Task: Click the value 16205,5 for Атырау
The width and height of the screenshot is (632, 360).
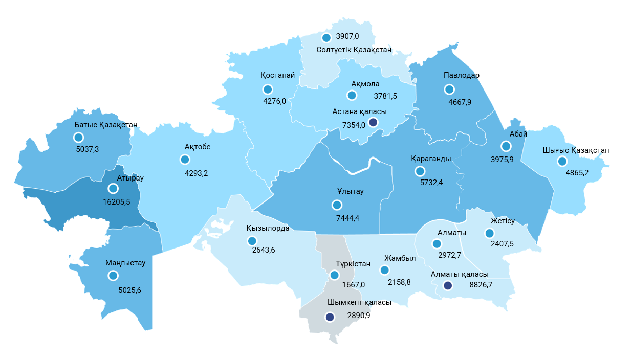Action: [x=117, y=202]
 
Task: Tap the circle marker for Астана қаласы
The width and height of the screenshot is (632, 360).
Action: [x=373, y=122]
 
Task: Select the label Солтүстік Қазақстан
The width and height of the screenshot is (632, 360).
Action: [x=354, y=50]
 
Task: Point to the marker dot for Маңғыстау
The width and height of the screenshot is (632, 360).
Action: [x=113, y=276]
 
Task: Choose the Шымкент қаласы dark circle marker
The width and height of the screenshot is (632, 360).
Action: [x=330, y=317]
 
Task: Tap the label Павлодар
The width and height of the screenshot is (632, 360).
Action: [x=461, y=76]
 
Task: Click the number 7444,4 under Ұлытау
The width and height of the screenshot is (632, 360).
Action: [x=348, y=218]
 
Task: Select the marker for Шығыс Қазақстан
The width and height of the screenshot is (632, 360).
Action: [x=562, y=162]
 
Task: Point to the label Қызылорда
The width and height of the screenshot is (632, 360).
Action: [x=268, y=228]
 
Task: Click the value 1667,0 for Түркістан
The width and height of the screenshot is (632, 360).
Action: [x=354, y=285]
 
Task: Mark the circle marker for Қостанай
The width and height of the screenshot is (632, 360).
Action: [x=268, y=89]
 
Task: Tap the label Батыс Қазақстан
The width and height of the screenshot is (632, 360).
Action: [x=106, y=125]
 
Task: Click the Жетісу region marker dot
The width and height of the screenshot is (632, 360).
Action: [x=489, y=233]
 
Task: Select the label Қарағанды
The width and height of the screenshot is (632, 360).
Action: [x=430, y=159]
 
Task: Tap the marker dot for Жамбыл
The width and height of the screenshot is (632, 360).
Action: [x=385, y=270]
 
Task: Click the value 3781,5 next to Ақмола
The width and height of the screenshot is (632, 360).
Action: [x=385, y=96]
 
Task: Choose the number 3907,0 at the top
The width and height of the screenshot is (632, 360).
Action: [x=347, y=37]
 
